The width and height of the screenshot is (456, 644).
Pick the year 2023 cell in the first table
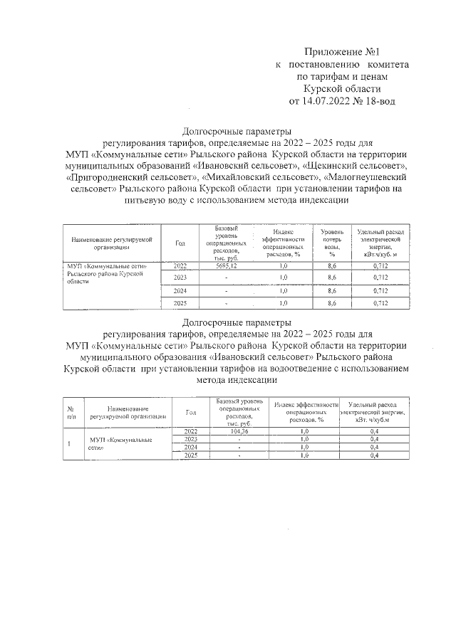click(180, 277)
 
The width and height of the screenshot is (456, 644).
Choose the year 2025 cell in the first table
click(180, 304)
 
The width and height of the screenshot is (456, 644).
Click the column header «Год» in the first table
click(180, 243)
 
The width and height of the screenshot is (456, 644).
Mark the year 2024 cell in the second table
click(190, 448)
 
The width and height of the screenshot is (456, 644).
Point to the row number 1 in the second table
click(69, 444)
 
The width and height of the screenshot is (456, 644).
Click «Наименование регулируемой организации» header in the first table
click(112, 243)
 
